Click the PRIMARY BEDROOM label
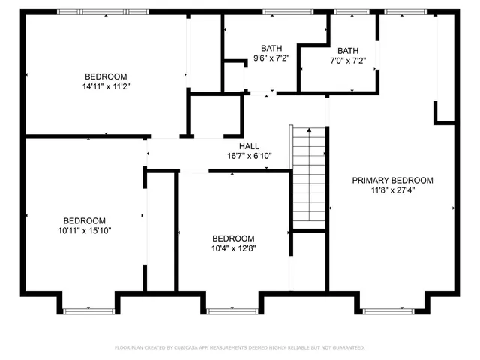[393, 180]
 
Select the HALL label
[250, 146]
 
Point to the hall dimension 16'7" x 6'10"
[250, 156]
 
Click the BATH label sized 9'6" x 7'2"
[271, 47]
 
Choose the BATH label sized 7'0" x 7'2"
[348, 50]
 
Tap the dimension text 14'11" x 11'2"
[106, 87]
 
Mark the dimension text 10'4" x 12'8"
[232, 248]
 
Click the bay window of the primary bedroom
[388, 310]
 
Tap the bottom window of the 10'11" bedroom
[87, 310]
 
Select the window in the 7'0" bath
[346, 11]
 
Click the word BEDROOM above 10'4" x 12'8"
[232, 238]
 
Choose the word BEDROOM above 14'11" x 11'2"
[106, 76]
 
